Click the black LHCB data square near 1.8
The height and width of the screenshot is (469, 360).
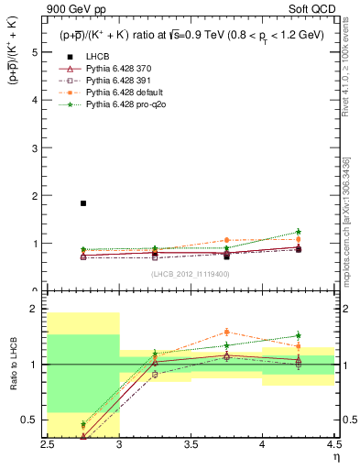coord(83,203)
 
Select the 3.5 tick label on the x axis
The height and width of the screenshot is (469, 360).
coord(191,444)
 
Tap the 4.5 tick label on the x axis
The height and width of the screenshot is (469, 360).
coord(334,444)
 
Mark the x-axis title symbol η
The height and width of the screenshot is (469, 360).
coord(335,456)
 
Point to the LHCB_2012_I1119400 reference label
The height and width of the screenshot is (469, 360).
coord(191,274)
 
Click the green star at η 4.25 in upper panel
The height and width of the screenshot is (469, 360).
coord(299,232)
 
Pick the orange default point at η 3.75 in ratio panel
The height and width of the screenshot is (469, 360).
coord(226,333)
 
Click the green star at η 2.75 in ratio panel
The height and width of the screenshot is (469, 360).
coord(83,424)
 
